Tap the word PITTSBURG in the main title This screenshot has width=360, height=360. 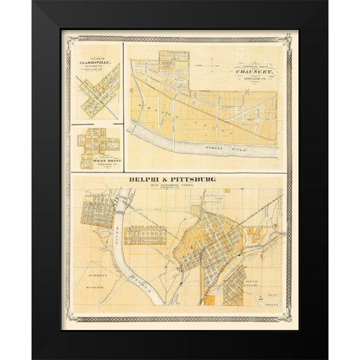(193, 180)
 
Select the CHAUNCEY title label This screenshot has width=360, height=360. (252, 71)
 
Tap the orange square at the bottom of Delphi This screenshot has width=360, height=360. (210, 299)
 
